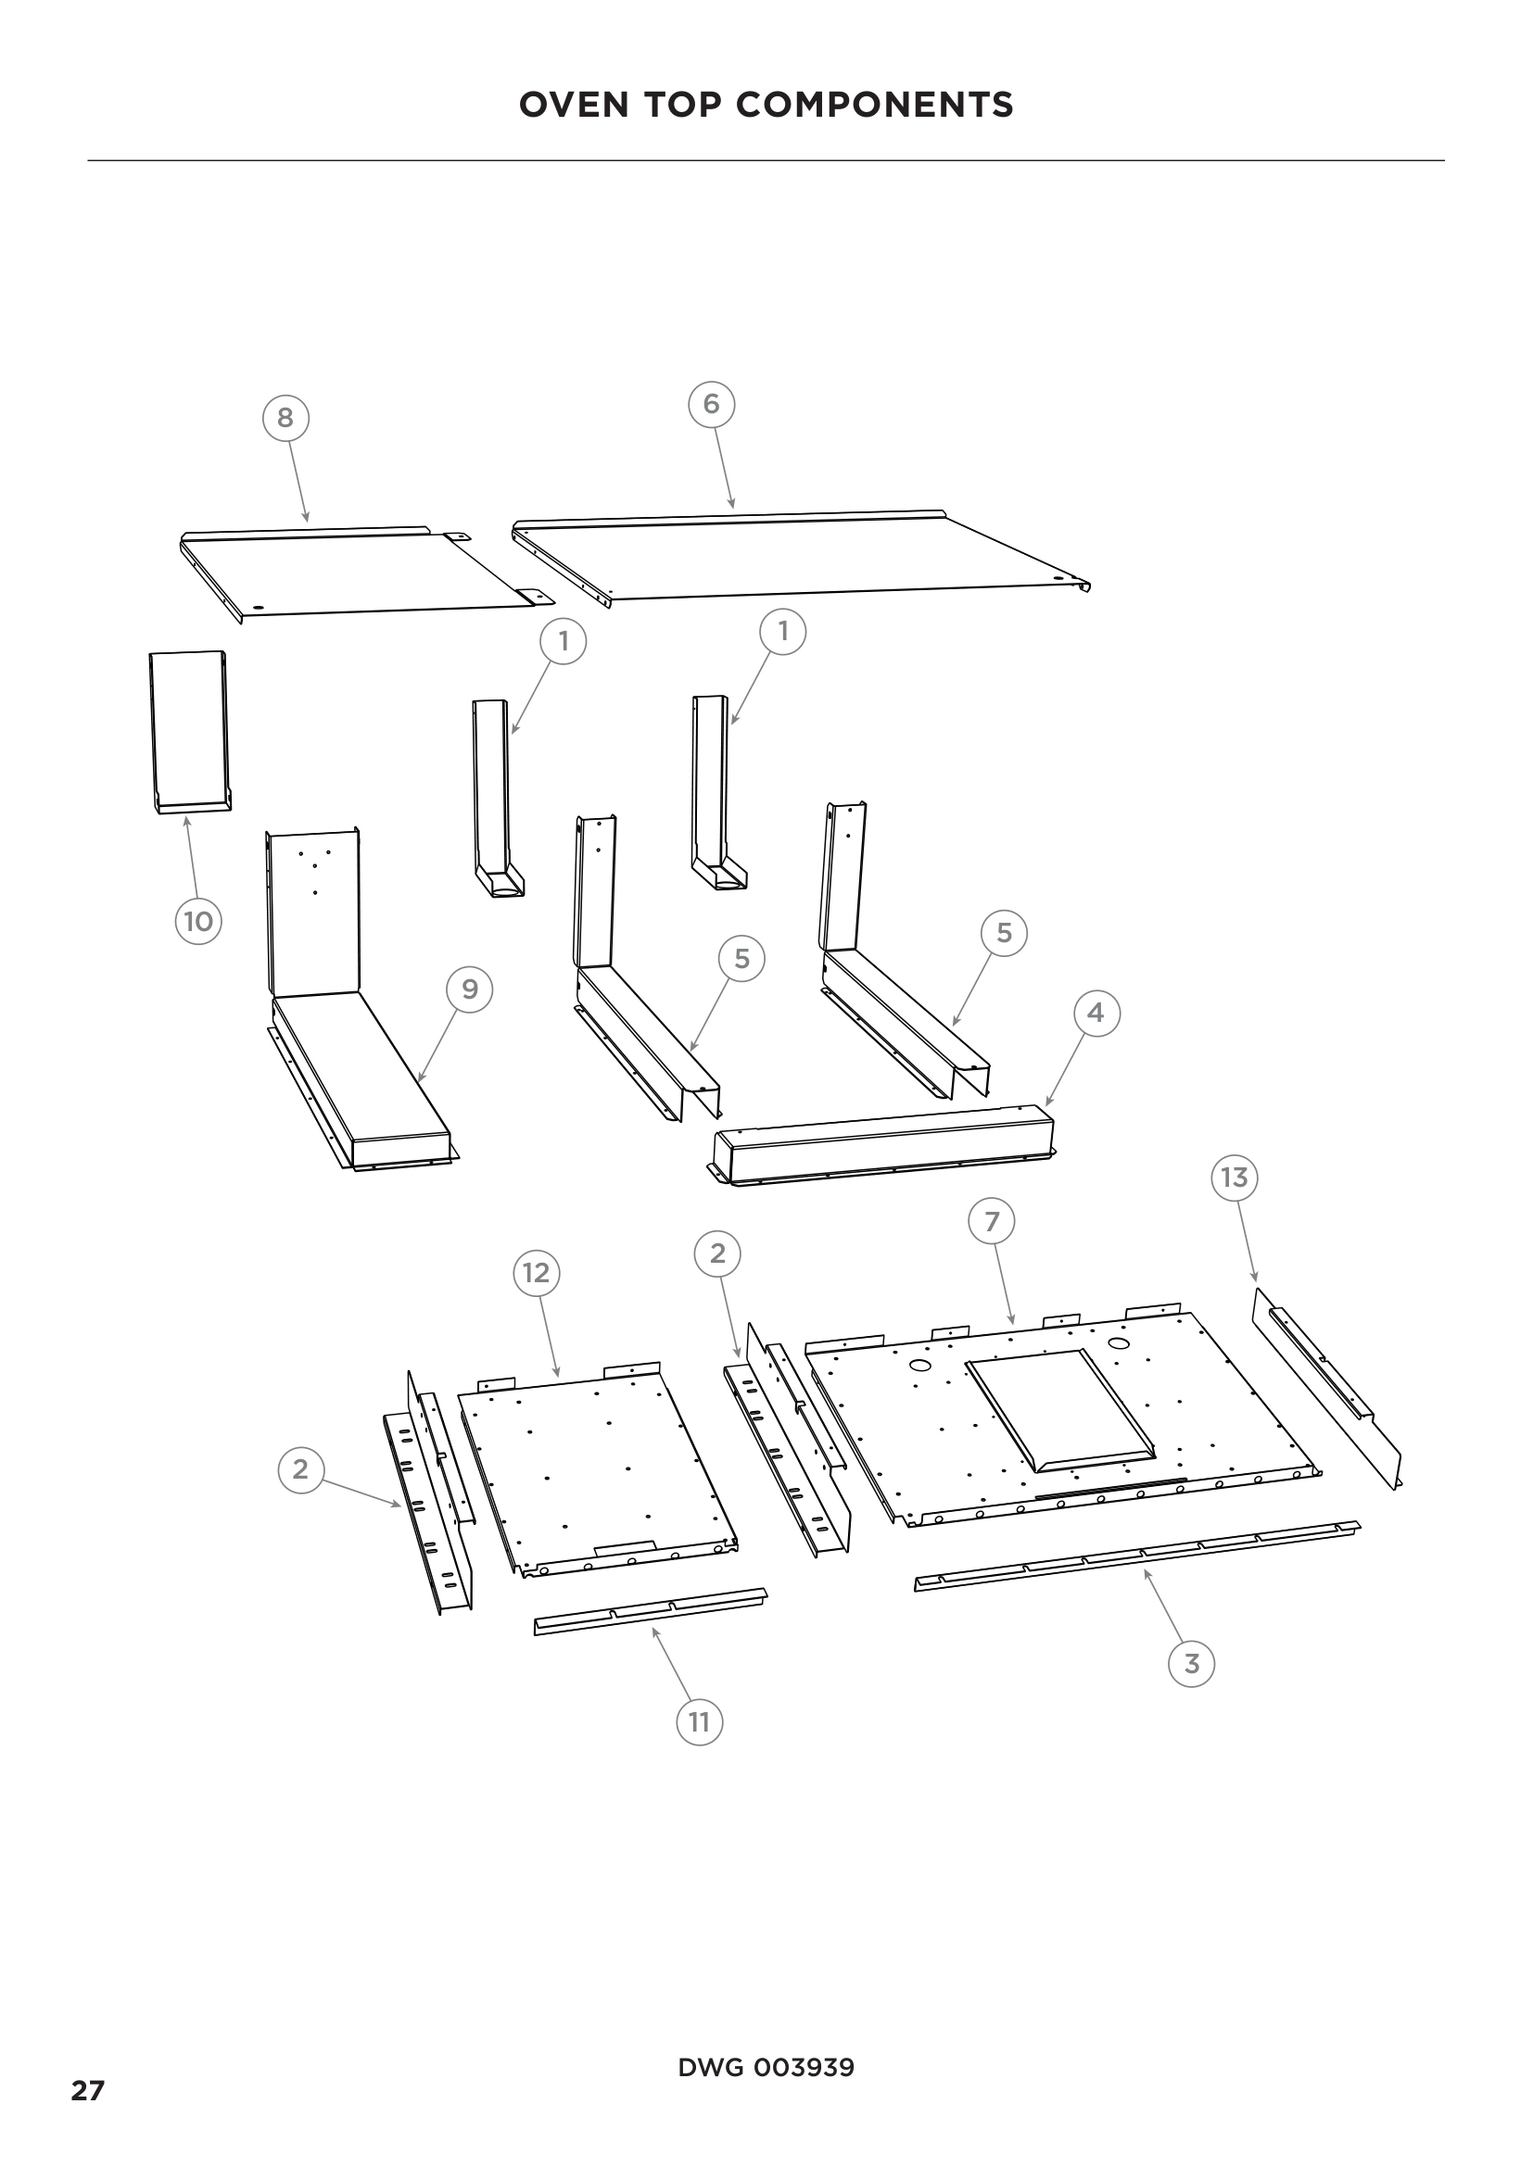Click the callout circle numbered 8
click(x=285, y=417)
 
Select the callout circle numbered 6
click(x=711, y=404)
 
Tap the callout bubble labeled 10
click(x=198, y=920)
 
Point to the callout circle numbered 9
click(x=469, y=989)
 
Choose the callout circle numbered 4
click(x=1096, y=1013)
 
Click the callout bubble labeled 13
click(x=1234, y=1177)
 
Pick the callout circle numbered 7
click(x=991, y=1221)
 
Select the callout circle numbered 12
click(x=536, y=1273)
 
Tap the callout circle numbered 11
click(x=699, y=1722)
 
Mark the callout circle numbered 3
click(x=1191, y=1663)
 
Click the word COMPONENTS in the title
click(x=874, y=105)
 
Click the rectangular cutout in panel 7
click(x=1059, y=1410)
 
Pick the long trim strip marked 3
click(x=1137, y=1556)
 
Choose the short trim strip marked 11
click(x=651, y=1610)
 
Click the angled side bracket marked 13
click(x=1326, y=1388)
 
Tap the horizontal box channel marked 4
click(x=882, y=1145)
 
